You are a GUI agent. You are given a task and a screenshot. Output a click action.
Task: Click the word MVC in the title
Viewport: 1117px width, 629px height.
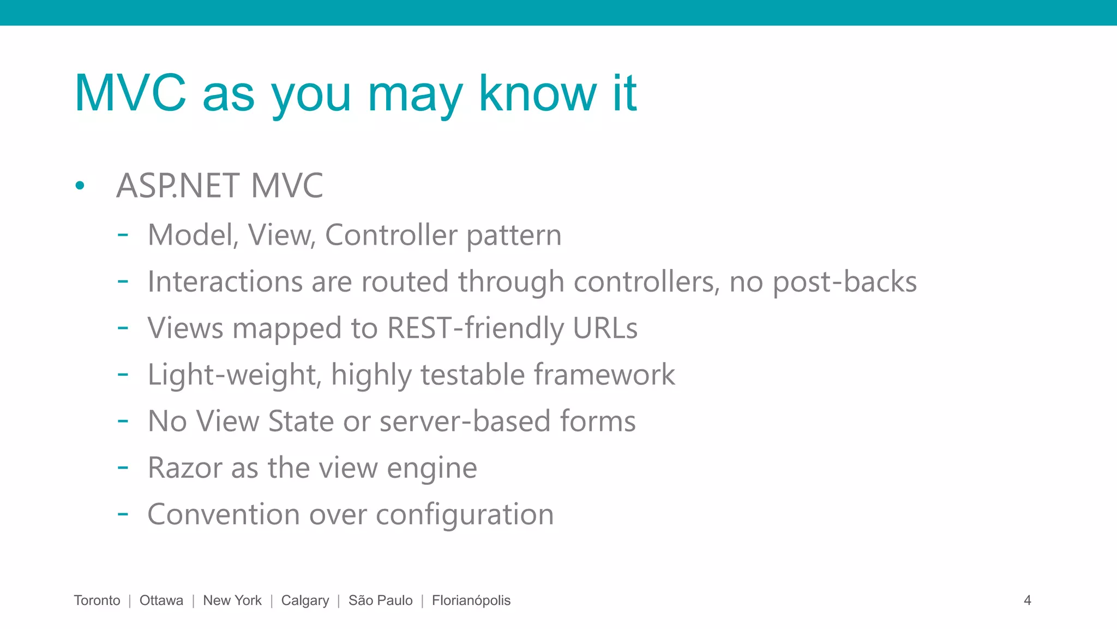coord(130,93)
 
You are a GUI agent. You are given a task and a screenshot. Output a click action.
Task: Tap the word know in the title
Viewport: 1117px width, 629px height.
coord(537,93)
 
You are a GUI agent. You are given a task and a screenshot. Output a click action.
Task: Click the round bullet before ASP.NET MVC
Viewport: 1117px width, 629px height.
coord(80,186)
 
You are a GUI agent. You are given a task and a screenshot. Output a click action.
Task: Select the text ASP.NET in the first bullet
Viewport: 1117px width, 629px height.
coord(178,186)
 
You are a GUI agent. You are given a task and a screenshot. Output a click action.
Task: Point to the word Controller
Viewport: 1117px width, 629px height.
coord(391,235)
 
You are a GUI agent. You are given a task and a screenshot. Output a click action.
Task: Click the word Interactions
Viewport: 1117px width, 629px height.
coord(224,282)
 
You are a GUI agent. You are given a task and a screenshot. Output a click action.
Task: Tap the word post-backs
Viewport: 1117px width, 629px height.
coord(844,283)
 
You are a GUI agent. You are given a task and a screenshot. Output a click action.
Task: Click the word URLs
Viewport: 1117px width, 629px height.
coord(605,328)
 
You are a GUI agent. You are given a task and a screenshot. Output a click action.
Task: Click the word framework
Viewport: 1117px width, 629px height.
coord(604,375)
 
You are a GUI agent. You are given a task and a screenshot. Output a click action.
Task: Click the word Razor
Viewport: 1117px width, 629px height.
coord(185,468)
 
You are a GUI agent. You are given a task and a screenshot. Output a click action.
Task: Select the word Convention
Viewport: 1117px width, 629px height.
coord(224,514)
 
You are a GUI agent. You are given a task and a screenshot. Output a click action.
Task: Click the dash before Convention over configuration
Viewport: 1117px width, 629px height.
coord(123,514)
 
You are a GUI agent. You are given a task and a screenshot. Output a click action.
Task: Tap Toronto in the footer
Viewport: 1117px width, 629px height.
coord(97,601)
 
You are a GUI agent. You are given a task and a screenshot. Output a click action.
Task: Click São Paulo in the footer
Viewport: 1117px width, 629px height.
coord(380,601)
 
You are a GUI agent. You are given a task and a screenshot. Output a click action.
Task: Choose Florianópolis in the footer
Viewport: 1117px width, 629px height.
coord(471,601)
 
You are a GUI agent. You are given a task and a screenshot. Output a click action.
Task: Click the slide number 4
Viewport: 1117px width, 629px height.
coord(1027,601)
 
